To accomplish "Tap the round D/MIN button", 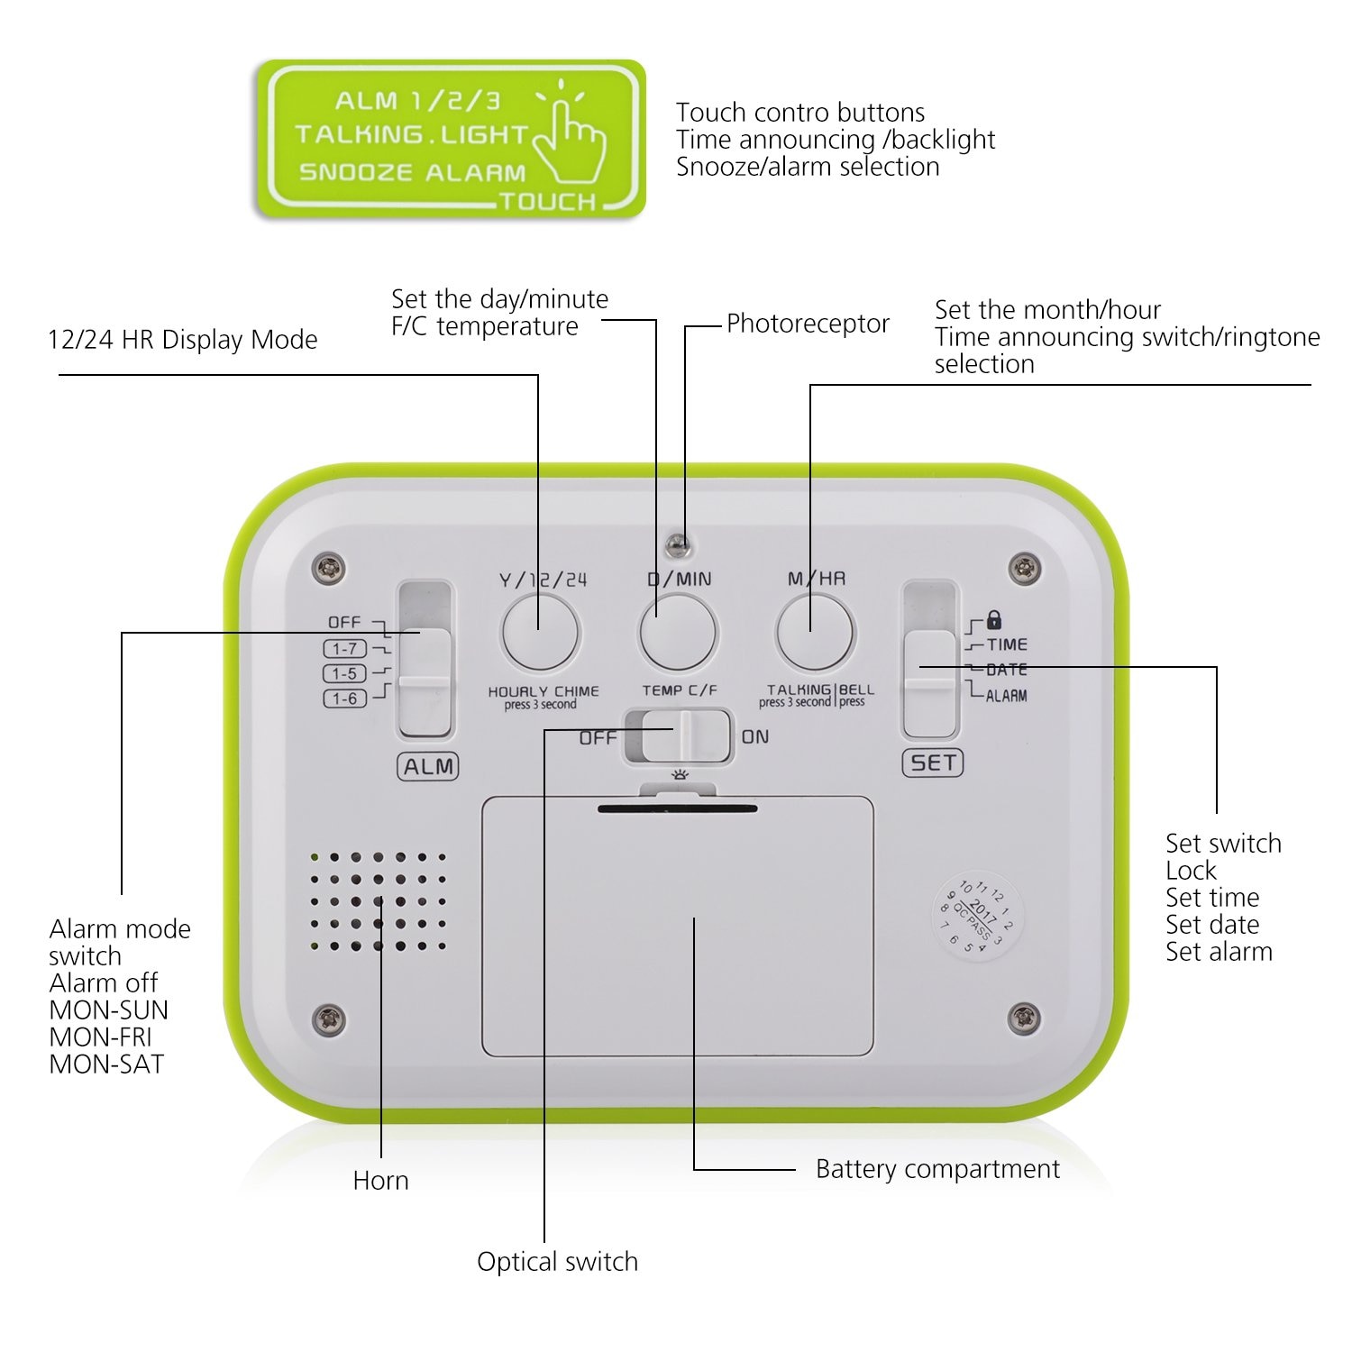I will pyautogui.click(x=678, y=633).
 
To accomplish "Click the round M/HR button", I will pyautogui.click(x=815, y=633).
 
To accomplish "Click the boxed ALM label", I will pyautogui.click(x=428, y=767).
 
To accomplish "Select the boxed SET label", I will pyautogui.click(x=933, y=763).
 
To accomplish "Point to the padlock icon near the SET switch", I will pyautogui.click(x=994, y=620).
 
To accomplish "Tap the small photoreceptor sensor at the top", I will pyautogui.click(x=678, y=544).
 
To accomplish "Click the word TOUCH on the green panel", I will pyautogui.click(x=548, y=202).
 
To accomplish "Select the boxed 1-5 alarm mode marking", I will pyautogui.click(x=345, y=673).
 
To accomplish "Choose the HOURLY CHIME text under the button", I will pyautogui.click(x=544, y=691).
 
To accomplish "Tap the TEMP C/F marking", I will pyautogui.click(x=680, y=690).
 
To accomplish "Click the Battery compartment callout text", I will pyautogui.click(x=937, y=1169).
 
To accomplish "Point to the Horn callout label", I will pyautogui.click(x=380, y=1181).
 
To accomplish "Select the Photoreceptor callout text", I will pyautogui.click(x=808, y=324).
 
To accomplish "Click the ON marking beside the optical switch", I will pyautogui.click(x=755, y=737).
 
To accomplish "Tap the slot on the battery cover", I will pyautogui.click(x=678, y=808).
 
